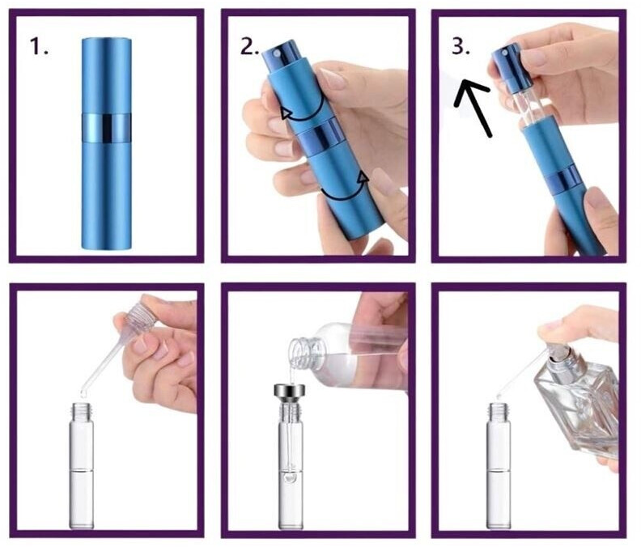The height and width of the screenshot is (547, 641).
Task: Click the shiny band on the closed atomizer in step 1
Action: (106, 129)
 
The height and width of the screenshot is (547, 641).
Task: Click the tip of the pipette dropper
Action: (83, 394)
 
